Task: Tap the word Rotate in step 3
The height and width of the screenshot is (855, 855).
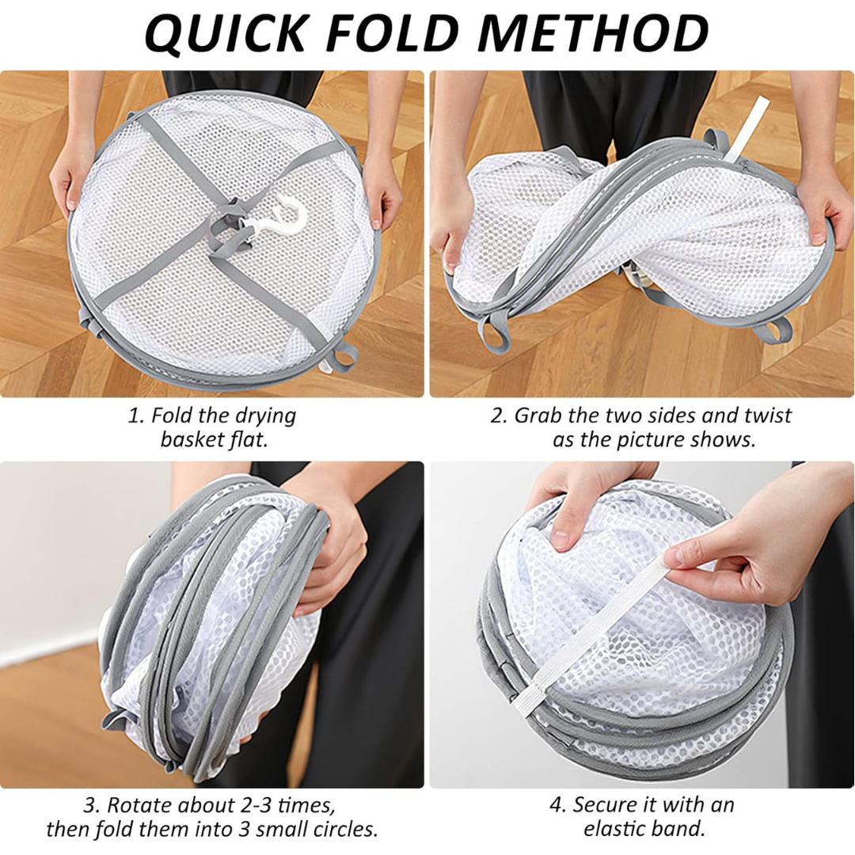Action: click(139, 806)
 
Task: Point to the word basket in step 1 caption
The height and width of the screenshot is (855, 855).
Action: click(188, 439)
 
